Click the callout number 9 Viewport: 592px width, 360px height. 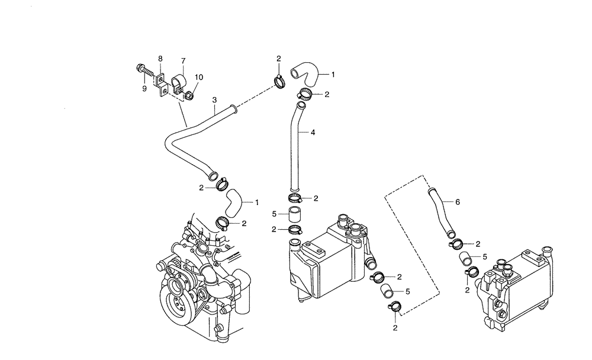(x=144, y=89)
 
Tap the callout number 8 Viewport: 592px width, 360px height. (x=160, y=58)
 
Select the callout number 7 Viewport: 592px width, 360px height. (x=183, y=60)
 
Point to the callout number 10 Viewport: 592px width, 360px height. (x=198, y=78)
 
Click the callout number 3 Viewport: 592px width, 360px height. (x=214, y=100)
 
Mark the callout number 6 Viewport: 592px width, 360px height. (x=457, y=201)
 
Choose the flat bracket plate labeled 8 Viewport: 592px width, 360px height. (x=161, y=83)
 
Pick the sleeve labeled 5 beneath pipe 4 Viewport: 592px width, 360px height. (x=295, y=213)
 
